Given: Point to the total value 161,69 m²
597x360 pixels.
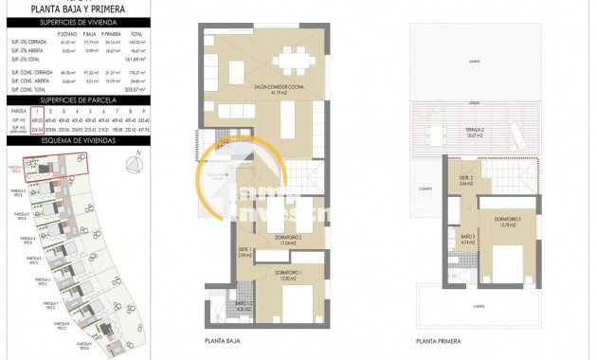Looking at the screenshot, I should click(x=136, y=59).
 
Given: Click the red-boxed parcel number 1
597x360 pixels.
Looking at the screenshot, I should click(x=37, y=111).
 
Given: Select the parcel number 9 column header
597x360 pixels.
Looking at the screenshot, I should click(x=143, y=111).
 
